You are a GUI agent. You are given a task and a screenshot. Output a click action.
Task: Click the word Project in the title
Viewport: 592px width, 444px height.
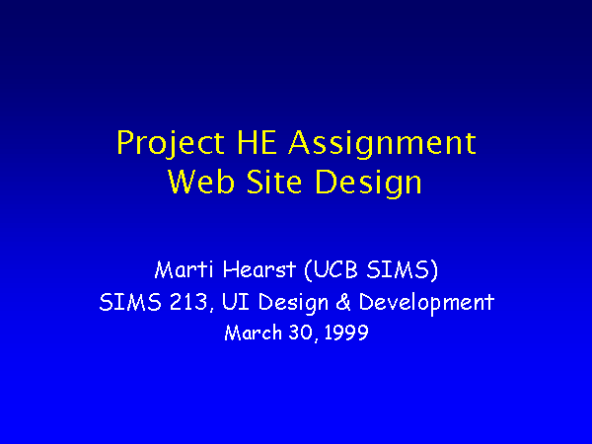click(x=171, y=143)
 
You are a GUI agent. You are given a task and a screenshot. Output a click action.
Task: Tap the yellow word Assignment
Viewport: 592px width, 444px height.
click(x=382, y=143)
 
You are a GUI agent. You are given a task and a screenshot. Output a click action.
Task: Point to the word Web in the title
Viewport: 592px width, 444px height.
click(x=201, y=182)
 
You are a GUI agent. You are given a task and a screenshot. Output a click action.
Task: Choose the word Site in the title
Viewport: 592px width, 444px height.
click(x=274, y=182)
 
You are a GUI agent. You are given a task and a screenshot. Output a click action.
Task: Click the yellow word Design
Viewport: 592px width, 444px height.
click(x=368, y=184)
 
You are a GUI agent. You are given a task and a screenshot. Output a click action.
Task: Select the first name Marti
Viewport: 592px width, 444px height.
click(x=184, y=269)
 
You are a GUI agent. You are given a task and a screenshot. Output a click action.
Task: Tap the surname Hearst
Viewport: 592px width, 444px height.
click(x=259, y=269)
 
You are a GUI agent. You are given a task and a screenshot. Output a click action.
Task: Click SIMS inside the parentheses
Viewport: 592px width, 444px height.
click(x=398, y=269)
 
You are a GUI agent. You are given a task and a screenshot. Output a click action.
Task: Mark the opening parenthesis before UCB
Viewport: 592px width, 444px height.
click(x=308, y=270)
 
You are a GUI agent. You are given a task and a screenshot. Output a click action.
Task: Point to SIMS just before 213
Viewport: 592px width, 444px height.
click(x=130, y=302)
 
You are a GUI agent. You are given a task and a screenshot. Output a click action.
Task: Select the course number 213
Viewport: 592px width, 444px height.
click(x=188, y=302)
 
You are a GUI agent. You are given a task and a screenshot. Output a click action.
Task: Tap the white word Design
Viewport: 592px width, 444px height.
click(x=293, y=304)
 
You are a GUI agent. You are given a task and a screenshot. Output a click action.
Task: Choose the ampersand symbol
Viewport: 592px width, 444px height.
click(x=343, y=302)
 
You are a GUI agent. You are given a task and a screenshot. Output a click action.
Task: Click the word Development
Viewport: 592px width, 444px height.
click(x=426, y=304)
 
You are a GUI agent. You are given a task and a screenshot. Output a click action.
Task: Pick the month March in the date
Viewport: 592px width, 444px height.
click(x=253, y=333)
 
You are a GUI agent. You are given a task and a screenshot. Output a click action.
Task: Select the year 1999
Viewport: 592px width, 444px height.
click(x=346, y=333)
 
